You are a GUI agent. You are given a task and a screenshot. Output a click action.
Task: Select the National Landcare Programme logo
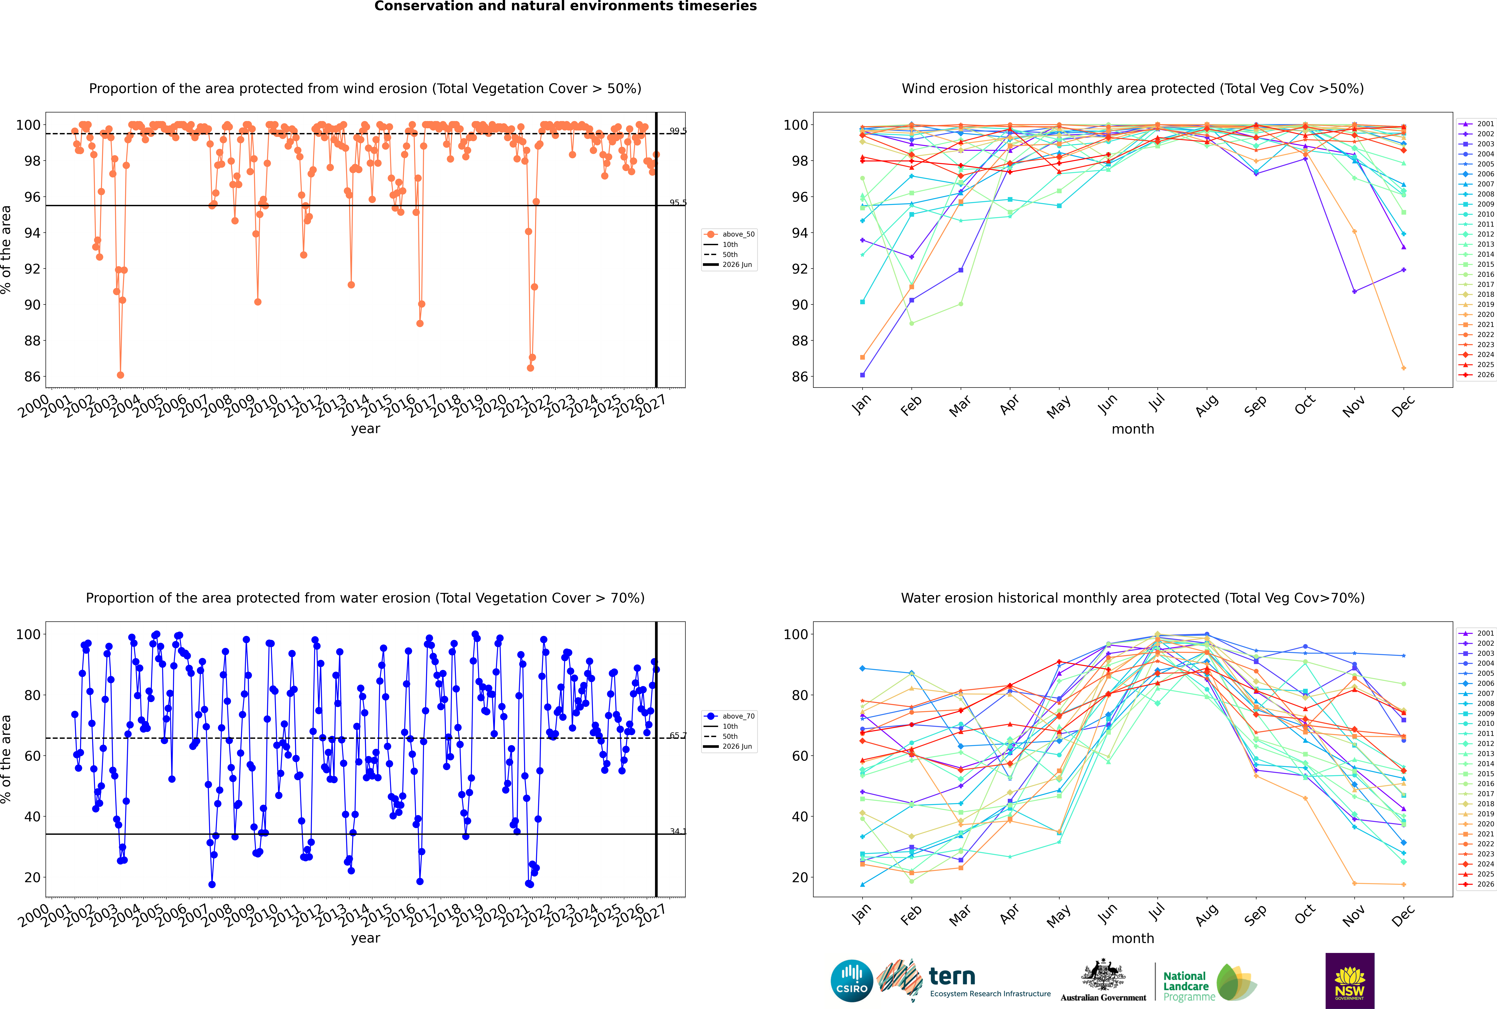click(x=1209, y=982)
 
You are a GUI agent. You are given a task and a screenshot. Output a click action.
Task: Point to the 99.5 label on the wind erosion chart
click(x=678, y=131)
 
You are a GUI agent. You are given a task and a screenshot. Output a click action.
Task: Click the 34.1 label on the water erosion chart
click(x=678, y=831)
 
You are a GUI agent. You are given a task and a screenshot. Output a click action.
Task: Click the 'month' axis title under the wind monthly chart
click(x=1133, y=429)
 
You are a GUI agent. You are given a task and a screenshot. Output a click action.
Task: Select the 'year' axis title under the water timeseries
click(x=366, y=938)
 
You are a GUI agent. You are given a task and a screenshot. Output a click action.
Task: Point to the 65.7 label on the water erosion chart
click(x=678, y=736)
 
